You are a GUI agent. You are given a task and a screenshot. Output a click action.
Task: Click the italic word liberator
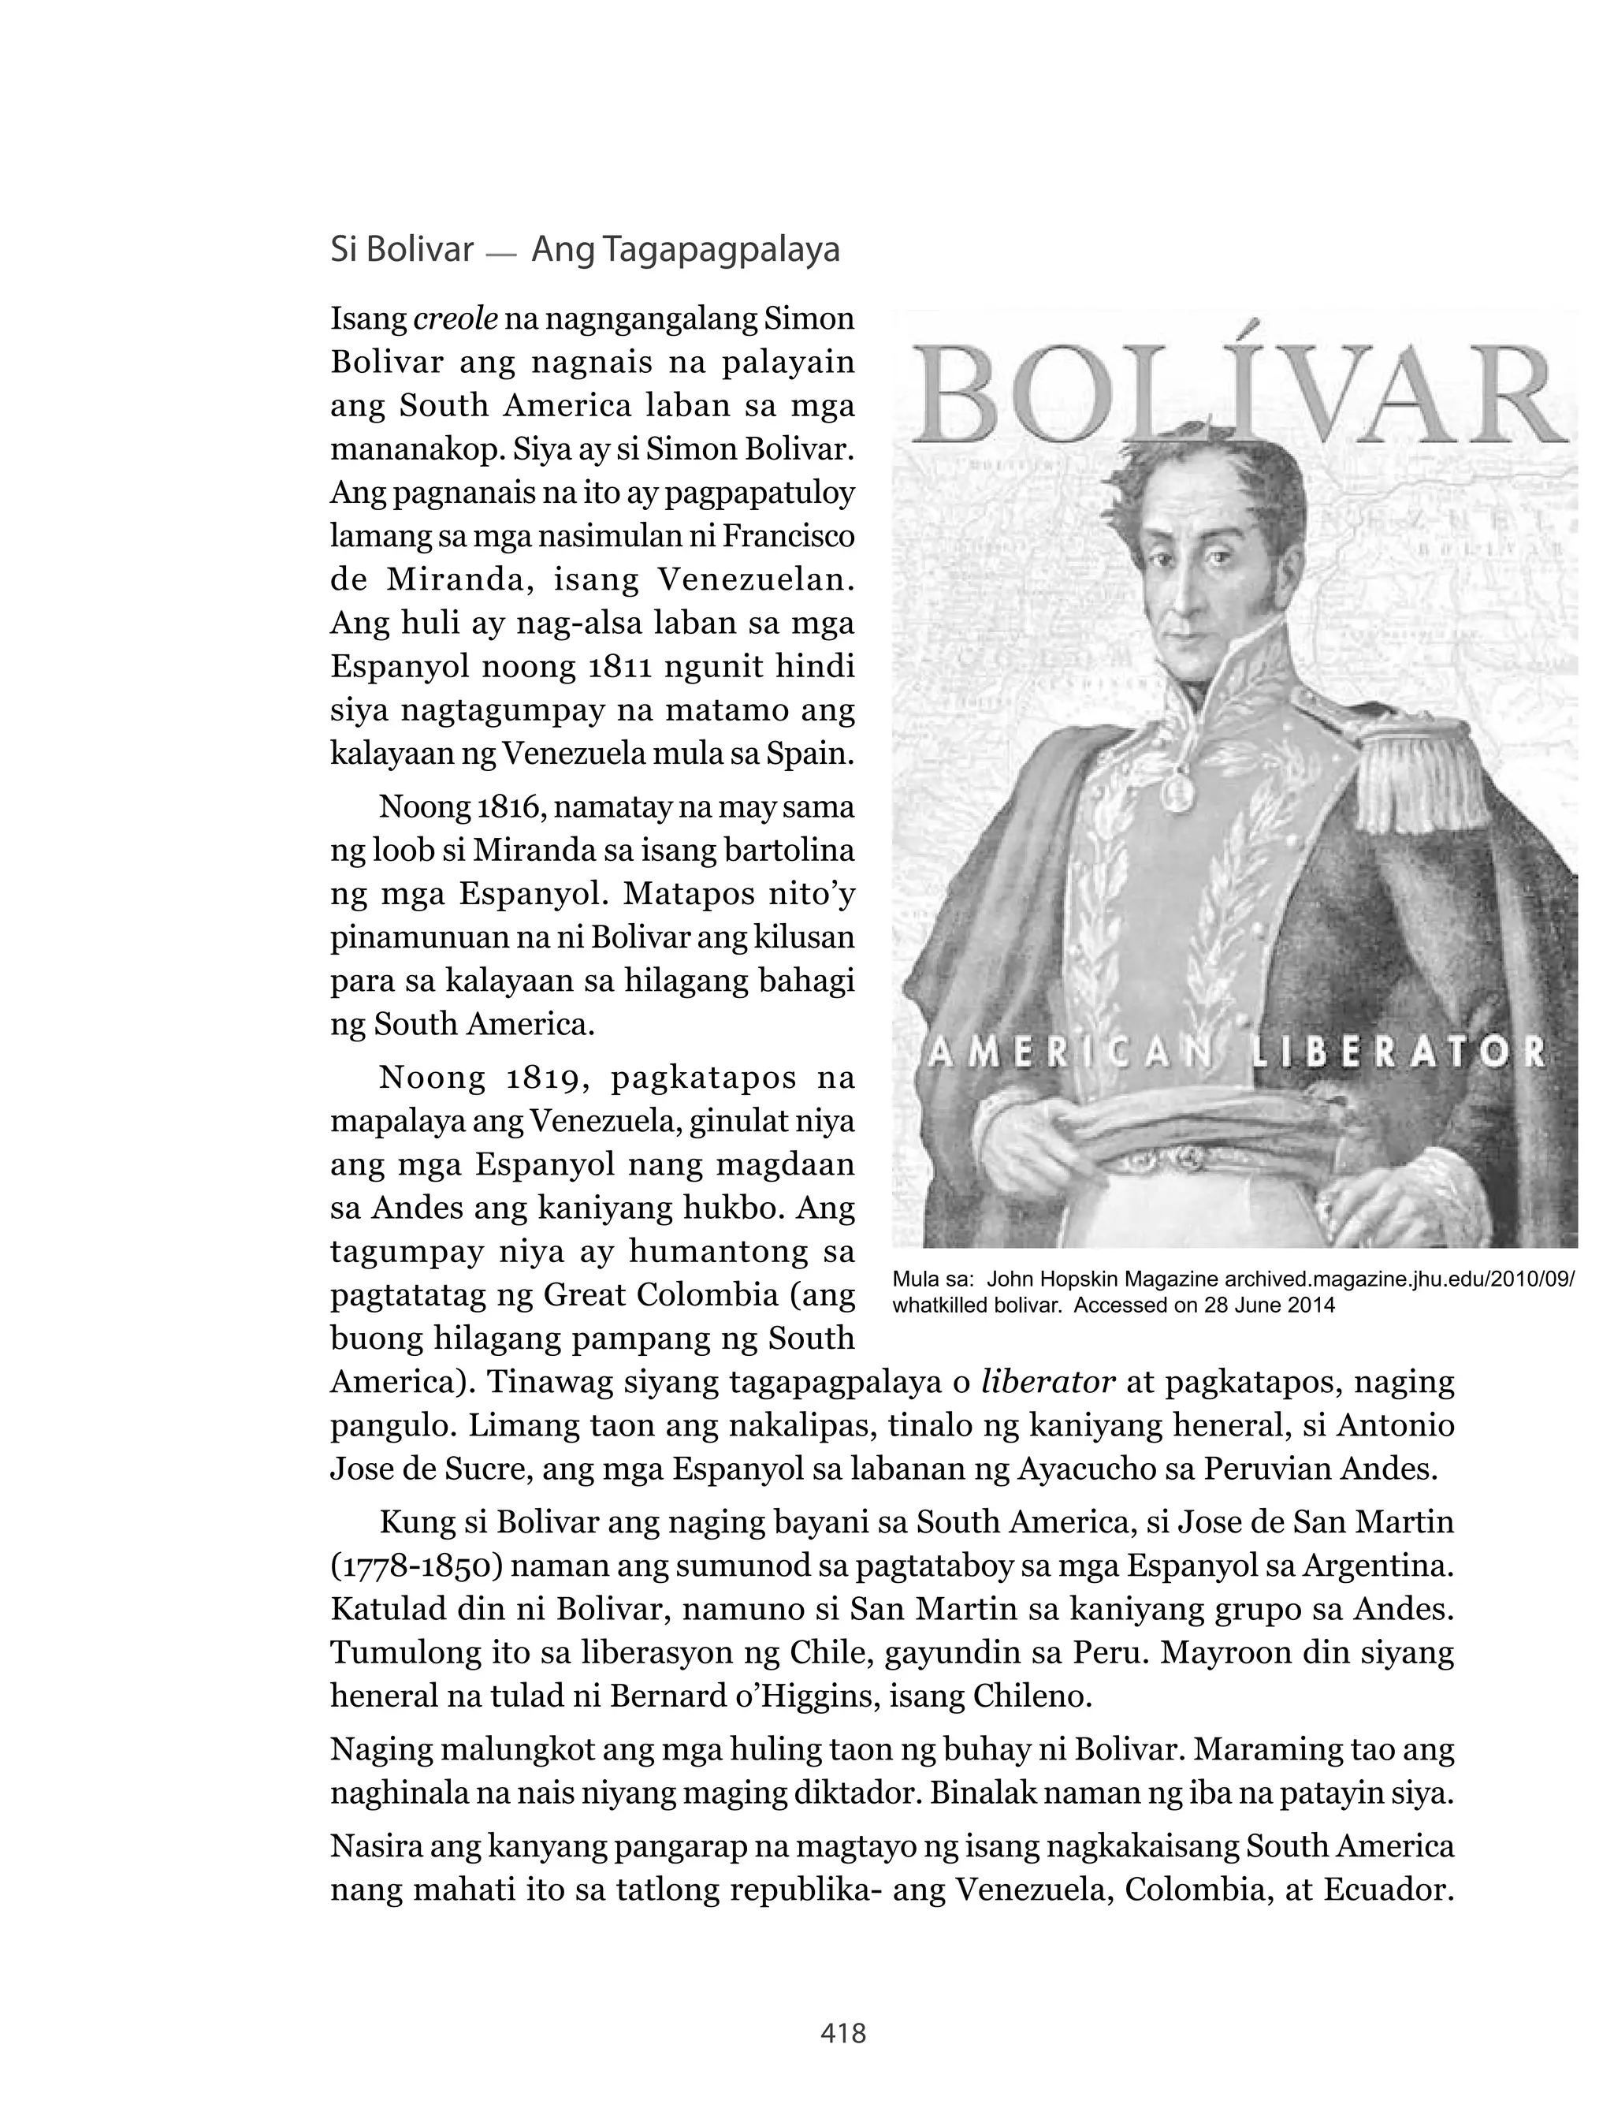[x=1047, y=1383]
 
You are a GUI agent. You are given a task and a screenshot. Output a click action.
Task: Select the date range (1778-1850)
[x=413, y=1566]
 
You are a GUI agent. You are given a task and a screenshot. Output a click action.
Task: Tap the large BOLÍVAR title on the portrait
[x=1234, y=396]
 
